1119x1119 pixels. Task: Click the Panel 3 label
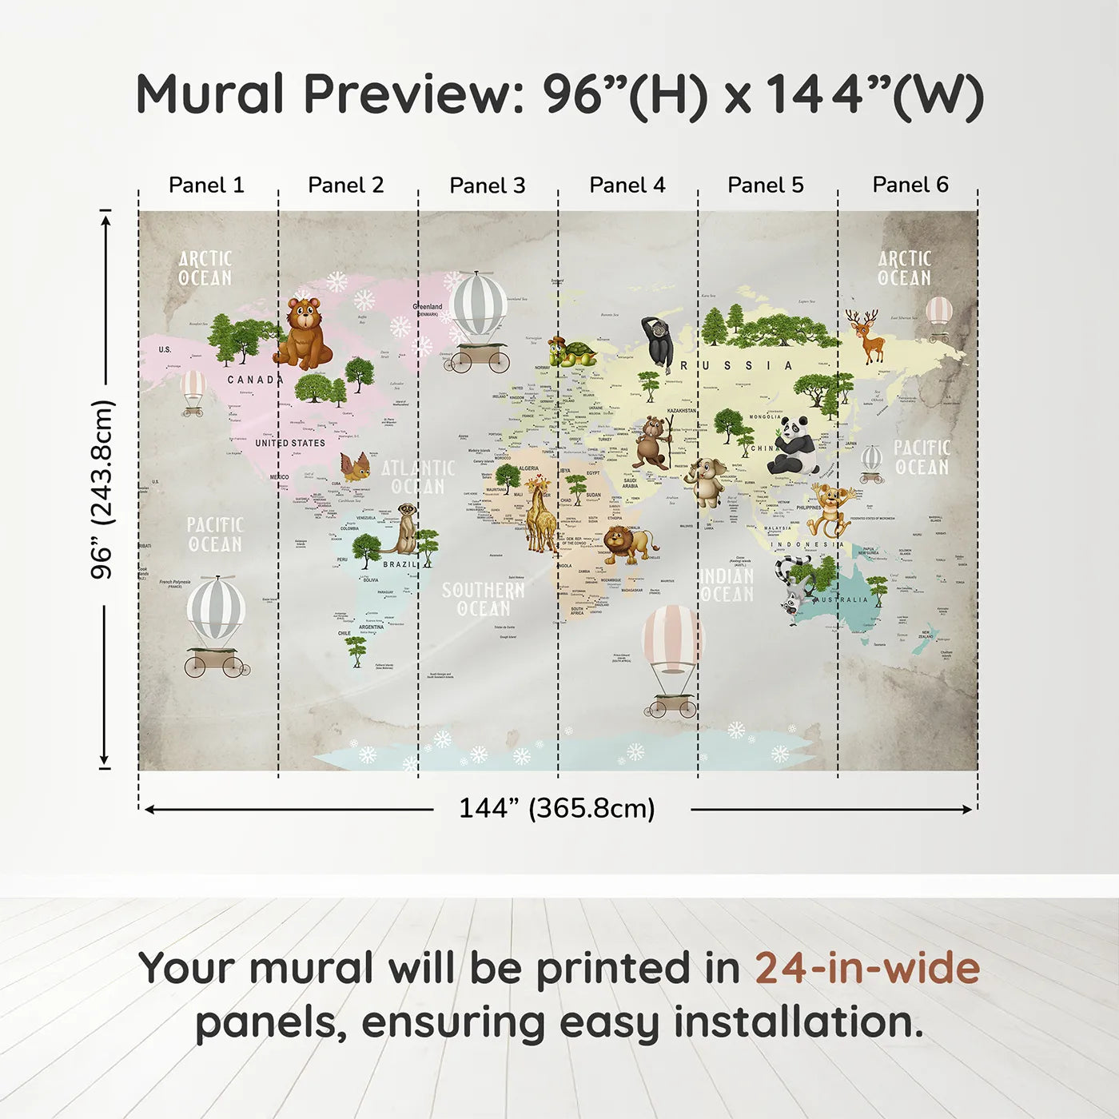(x=488, y=185)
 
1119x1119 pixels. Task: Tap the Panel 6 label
(x=910, y=185)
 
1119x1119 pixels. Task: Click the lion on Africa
(x=627, y=544)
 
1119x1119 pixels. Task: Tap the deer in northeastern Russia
(x=866, y=336)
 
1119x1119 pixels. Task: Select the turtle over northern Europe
(x=572, y=352)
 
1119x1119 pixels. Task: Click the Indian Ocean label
(x=727, y=585)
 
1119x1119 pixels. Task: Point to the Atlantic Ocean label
(x=418, y=477)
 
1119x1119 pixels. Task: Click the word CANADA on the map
(x=255, y=380)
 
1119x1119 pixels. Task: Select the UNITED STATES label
(x=290, y=443)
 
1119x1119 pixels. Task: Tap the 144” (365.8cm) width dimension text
(x=557, y=808)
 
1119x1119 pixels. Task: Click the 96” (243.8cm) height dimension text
(x=103, y=489)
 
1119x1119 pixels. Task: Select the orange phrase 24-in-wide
(x=867, y=968)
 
